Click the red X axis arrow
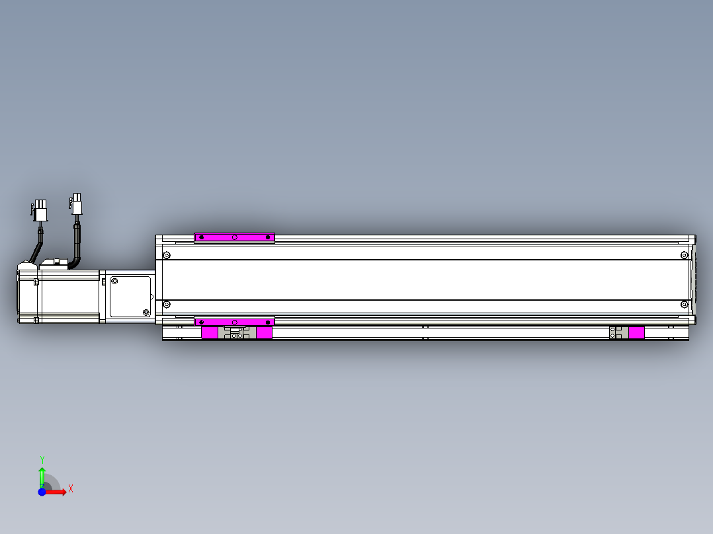click(58, 492)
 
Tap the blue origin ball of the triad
click(42, 492)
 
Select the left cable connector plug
click(41, 210)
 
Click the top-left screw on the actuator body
click(166, 255)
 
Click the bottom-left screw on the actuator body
click(166, 304)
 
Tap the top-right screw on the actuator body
click(684, 255)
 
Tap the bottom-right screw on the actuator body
click(684, 304)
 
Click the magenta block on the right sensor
click(636, 332)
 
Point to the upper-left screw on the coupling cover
click(114, 281)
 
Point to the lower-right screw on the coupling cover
click(146, 311)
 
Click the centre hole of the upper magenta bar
click(234, 237)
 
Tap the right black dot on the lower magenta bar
click(267, 321)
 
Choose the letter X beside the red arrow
click(70, 488)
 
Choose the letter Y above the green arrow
click(42, 459)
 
